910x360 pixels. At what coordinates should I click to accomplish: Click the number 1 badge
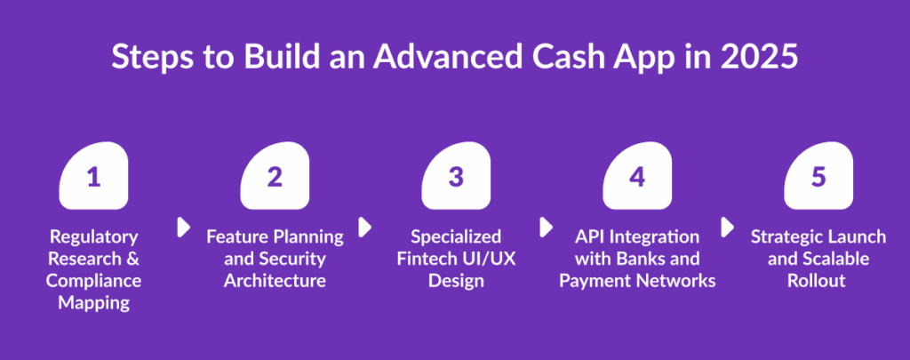(x=93, y=176)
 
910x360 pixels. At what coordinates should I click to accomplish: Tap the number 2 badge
(x=275, y=176)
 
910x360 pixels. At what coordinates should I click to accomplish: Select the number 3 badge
(x=456, y=176)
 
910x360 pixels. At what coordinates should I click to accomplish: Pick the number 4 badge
(x=637, y=176)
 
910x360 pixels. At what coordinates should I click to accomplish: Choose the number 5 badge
(x=818, y=176)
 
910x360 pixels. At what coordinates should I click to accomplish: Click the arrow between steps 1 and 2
(x=183, y=227)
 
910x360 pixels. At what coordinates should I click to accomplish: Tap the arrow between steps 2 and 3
(x=364, y=227)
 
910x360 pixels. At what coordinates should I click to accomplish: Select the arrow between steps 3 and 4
(x=546, y=227)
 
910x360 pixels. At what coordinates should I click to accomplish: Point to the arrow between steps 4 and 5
(x=727, y=227)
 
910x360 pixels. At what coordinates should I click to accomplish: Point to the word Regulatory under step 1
(x=94, y=237)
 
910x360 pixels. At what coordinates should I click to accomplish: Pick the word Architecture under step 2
(x=275, y=281)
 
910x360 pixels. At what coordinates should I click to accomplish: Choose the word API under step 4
(x=590, y=237)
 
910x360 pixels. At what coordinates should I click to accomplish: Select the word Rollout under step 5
(x=818, y=281)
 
